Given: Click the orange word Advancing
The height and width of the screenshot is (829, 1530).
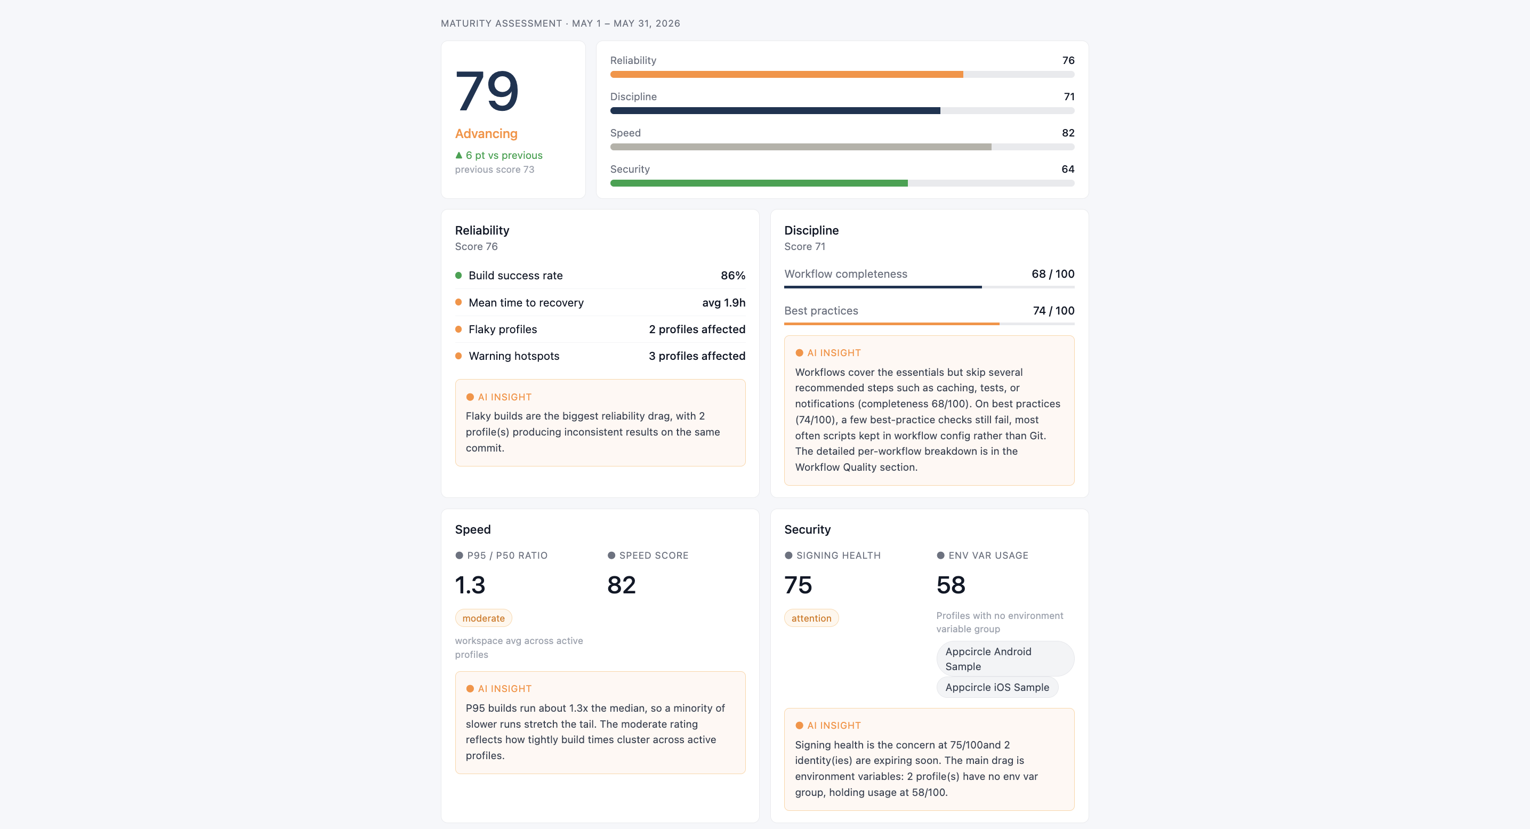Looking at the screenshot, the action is [486, 134].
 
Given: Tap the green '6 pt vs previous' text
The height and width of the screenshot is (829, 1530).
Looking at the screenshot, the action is [504, 155].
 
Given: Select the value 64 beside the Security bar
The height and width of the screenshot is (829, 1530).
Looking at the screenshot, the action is [1067, 169].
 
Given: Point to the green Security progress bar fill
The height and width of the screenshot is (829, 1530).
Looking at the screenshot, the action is [759, 183].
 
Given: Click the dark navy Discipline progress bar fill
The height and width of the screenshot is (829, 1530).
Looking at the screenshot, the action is [775, 110].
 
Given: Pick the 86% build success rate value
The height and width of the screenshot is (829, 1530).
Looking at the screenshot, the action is [733, 276].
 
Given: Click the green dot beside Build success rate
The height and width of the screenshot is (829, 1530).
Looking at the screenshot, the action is [458, 276].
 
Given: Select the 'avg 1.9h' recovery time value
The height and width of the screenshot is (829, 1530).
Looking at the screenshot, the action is [723, 303].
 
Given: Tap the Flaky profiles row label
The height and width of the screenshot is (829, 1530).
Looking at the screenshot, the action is [503, 329].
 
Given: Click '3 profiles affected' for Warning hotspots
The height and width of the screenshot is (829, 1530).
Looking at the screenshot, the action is [697, 356].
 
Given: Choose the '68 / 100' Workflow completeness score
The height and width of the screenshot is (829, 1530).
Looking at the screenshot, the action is [1052, 274].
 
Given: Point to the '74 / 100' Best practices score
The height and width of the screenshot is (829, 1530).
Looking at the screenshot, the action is [1053, 311].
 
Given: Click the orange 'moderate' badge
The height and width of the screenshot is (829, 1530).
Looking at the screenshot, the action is [484, 618].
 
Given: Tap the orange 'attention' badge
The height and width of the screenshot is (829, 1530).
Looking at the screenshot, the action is [811, 618].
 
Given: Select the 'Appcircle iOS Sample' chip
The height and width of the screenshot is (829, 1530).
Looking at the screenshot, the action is [997, 688].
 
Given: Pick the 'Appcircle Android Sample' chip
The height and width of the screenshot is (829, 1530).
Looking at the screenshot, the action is [1005, 659].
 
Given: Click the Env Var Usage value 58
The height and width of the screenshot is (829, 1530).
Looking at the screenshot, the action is [951, 585].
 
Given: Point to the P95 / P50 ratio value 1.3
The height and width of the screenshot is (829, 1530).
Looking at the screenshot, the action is [470, 585].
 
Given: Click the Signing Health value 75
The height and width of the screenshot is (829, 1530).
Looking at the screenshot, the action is [798, 585].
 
